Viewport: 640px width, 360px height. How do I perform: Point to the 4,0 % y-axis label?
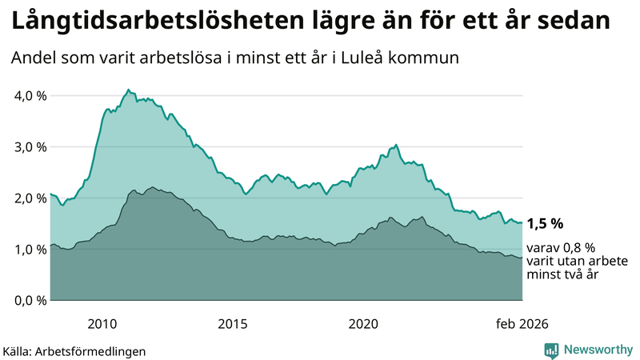(30, 96)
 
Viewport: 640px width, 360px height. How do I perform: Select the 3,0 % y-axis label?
(30, 147)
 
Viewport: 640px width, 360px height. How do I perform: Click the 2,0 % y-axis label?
(30, 198)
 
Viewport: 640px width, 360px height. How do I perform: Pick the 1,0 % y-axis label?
(30, 250)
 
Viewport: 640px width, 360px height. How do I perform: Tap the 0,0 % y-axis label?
(30, 301)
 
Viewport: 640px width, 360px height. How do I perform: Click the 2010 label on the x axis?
(102, 324)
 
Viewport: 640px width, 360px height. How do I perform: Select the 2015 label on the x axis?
(233, 324)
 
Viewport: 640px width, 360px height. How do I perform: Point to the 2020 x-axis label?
(363, 324)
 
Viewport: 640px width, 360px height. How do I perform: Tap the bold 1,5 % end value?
(546, 223)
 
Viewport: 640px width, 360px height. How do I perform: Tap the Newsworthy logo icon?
(551, 350)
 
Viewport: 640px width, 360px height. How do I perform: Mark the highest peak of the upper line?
(128, 90)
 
